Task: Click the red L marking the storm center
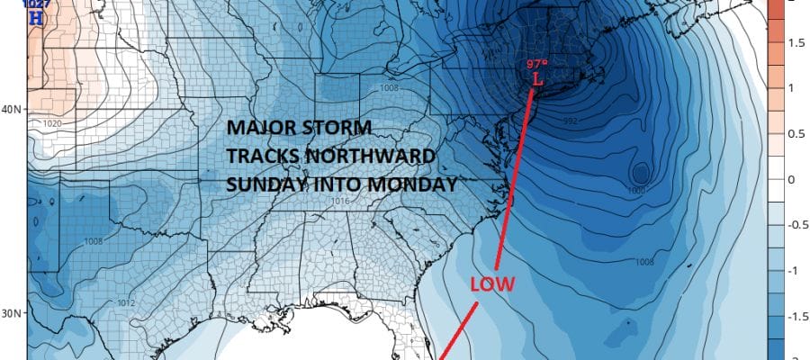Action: pos(537,79)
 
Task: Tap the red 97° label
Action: pos(537,65)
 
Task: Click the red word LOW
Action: pos(491,284)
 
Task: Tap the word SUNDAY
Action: pos(261,184)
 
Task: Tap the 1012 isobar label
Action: pos(126,302)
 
